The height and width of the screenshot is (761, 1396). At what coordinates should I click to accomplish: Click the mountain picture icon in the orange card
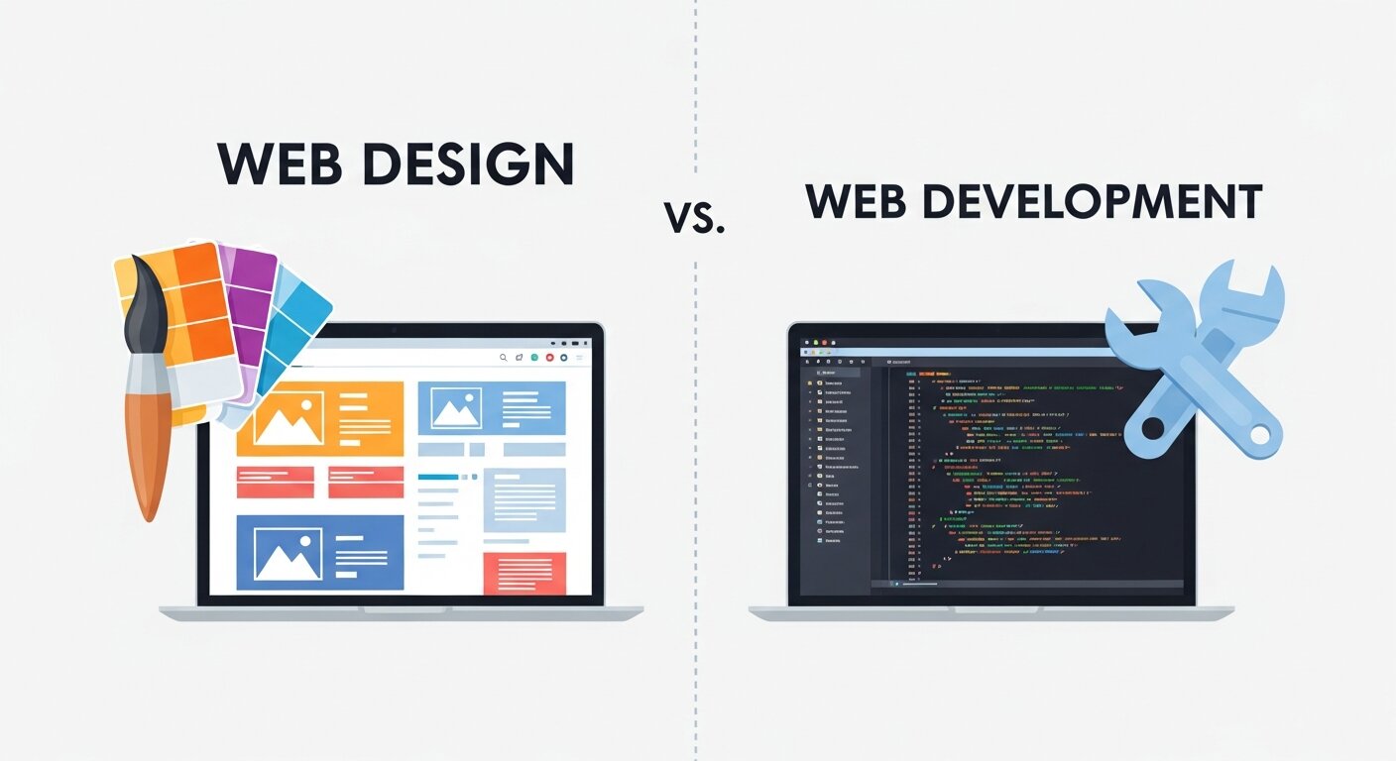288,418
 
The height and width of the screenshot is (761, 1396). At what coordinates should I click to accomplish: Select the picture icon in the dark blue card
288,553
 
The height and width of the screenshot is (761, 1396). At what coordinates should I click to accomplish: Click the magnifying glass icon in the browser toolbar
504,357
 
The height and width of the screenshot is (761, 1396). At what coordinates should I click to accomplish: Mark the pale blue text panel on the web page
524,499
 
